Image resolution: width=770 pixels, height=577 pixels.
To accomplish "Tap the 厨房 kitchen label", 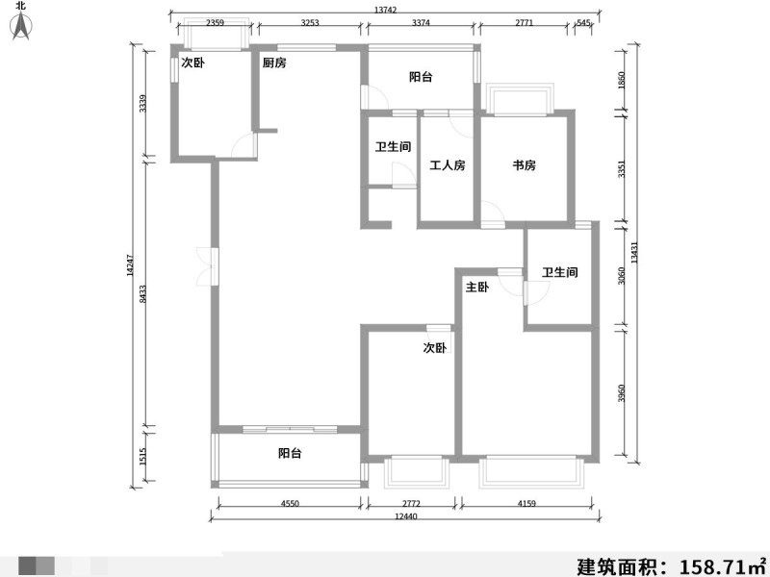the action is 274,63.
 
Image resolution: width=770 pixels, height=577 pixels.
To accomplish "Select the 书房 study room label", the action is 524,165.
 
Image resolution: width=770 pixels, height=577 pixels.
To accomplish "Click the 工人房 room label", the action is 448,165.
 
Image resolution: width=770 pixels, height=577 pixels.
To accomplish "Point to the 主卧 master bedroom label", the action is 476,287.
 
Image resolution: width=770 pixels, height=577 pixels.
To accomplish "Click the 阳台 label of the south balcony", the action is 290,453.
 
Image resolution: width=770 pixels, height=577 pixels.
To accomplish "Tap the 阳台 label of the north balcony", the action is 421,77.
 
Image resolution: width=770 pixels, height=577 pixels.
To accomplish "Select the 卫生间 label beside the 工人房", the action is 393,147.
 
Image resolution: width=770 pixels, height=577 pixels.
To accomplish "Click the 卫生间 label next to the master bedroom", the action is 560,272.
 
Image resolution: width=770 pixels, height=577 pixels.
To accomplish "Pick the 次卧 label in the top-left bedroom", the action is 193,63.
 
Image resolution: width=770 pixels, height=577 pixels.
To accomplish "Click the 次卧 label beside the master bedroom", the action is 435,347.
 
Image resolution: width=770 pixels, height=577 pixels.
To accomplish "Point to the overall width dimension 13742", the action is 385,10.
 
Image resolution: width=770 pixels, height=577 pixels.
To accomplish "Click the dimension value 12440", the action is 405,516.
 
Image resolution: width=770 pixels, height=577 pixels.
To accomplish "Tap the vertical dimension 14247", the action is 130,265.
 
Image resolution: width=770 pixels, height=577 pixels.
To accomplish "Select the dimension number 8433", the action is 142,294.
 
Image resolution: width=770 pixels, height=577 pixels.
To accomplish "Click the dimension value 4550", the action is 290,503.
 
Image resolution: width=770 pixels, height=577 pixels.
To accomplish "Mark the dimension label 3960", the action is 621,393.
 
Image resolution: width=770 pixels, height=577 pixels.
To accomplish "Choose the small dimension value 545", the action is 583,22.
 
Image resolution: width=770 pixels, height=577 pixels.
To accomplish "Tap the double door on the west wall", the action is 207,267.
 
